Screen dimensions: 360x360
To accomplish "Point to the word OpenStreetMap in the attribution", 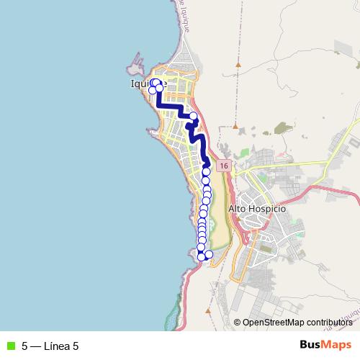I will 271,323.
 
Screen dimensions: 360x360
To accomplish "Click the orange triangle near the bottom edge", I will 207,312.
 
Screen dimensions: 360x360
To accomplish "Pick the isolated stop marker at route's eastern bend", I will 193,116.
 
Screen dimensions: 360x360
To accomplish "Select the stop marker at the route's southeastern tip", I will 209,254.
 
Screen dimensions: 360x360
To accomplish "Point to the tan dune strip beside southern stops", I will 220,216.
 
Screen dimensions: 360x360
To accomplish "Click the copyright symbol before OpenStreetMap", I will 237,323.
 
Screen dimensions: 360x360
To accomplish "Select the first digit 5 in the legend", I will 24,346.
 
